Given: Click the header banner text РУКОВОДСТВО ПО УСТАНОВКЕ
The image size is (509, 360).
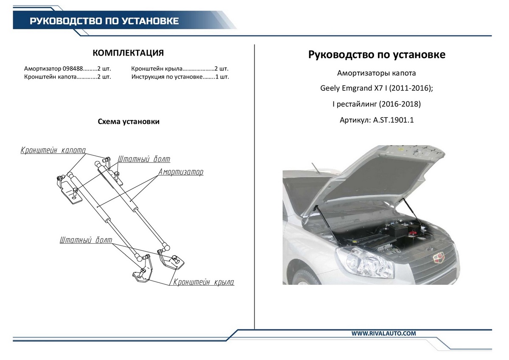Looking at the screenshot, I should coord(103,21).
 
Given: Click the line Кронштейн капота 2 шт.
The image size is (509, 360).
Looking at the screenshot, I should coord(67,77).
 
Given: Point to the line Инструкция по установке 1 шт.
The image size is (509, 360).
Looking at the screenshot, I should coord(180,77).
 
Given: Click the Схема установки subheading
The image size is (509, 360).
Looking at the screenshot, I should coord(129,122).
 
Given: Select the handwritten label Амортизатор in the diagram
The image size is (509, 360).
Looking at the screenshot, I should coord(181,172).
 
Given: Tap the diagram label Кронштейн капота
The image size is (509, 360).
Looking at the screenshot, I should coord(53,150).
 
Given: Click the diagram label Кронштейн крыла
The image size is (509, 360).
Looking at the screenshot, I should coord(204,282).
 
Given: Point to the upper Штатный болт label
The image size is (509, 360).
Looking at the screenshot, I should coord(144,159).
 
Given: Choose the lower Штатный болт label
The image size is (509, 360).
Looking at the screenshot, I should coord(86,240).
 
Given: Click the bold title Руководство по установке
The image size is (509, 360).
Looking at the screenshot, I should coord(377,55).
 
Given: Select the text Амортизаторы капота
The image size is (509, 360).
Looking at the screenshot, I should coord(376,73).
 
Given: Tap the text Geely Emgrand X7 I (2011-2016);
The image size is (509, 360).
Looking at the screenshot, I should coord(376,89).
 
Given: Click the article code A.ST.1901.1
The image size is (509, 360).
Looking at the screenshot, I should coord(393,120).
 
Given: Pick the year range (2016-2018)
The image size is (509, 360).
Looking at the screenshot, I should coord(400,104).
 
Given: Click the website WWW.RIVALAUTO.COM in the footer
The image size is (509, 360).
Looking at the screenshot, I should coord(383,334).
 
